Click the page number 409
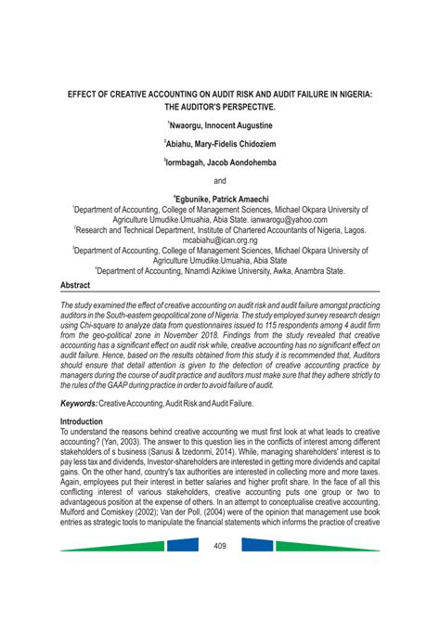pyautogui.click(x=219, y=545)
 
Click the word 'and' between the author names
pyautogui.click(x=220, y=179)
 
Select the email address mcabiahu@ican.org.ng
pyautogui.click(x=220, y=240)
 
